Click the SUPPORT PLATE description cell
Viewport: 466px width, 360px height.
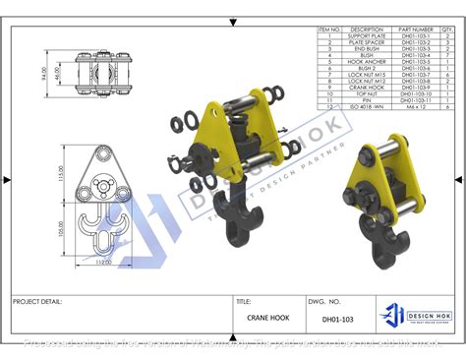click(x=366, y=35)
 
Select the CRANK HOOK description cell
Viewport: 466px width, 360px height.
click(x=366, y=88)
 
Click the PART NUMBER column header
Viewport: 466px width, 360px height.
click(x=416, y=30)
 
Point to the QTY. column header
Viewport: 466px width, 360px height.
click(x=447, y=30)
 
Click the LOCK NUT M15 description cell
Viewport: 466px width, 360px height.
click(x=366, y=75)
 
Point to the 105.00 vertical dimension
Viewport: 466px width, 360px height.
click(x=60, y=229)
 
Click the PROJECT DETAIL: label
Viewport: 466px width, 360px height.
click(x=38, y=302)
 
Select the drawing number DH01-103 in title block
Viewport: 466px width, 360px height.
click(x=336, y=319)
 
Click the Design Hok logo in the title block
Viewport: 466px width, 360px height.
click(x=414, y=314)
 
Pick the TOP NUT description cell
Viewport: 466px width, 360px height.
click(x=366, y=94)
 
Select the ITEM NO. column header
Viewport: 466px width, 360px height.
click(x=329, y=30)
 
